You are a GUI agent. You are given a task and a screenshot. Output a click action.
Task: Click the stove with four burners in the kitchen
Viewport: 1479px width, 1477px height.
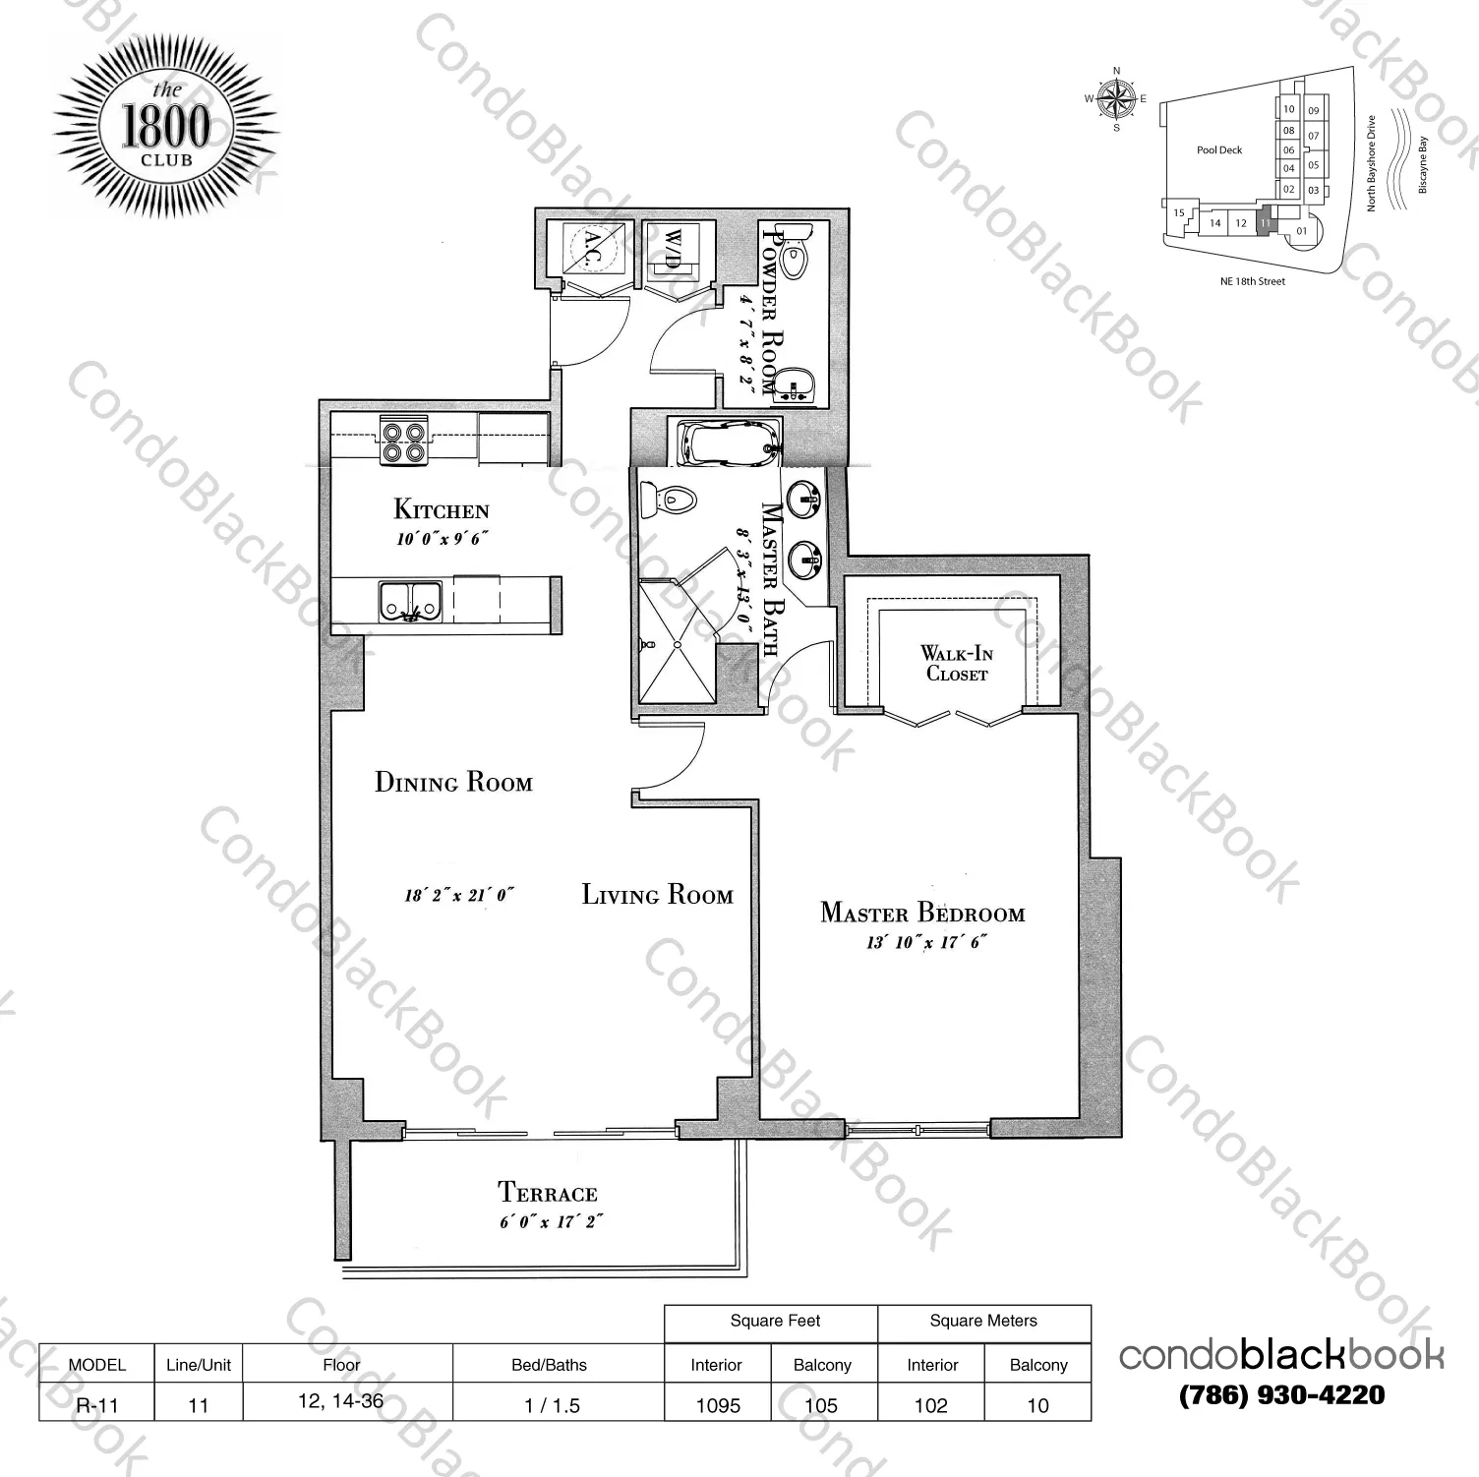pyautogui.click(x=403, y=442)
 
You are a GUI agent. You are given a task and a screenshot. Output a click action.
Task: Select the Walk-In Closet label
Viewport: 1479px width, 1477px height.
pyautogui.click(x=955, y=663)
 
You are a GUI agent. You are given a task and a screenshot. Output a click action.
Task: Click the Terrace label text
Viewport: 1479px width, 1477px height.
pyautogui.click(x=548, y=1194)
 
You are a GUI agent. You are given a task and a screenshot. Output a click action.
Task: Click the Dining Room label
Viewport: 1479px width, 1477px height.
pyautogui.click(x=453, y=783)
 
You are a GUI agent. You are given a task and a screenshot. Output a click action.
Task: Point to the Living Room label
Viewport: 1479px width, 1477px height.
pyautogui.click(x=657, y=895)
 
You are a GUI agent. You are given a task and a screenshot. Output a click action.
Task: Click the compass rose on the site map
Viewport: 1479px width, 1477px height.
pyautogui.click(x=1116, y=98)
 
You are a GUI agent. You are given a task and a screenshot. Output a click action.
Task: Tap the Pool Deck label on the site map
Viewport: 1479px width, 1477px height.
pyautogui.click(x=1219, y=150)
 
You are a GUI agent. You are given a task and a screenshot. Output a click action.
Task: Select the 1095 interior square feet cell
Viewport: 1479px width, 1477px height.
pyautogui.click(x=718, y=1406)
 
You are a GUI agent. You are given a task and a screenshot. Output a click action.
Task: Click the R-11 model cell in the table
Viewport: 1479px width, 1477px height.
pyautogui.click(x=96, y=1406)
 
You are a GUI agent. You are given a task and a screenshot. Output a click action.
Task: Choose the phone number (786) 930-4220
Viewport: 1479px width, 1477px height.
pyautogui.click(x=1281, y=1394)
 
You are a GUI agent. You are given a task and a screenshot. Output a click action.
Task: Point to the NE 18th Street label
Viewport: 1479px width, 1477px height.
pyautogui.click(x=1246, y=281)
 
